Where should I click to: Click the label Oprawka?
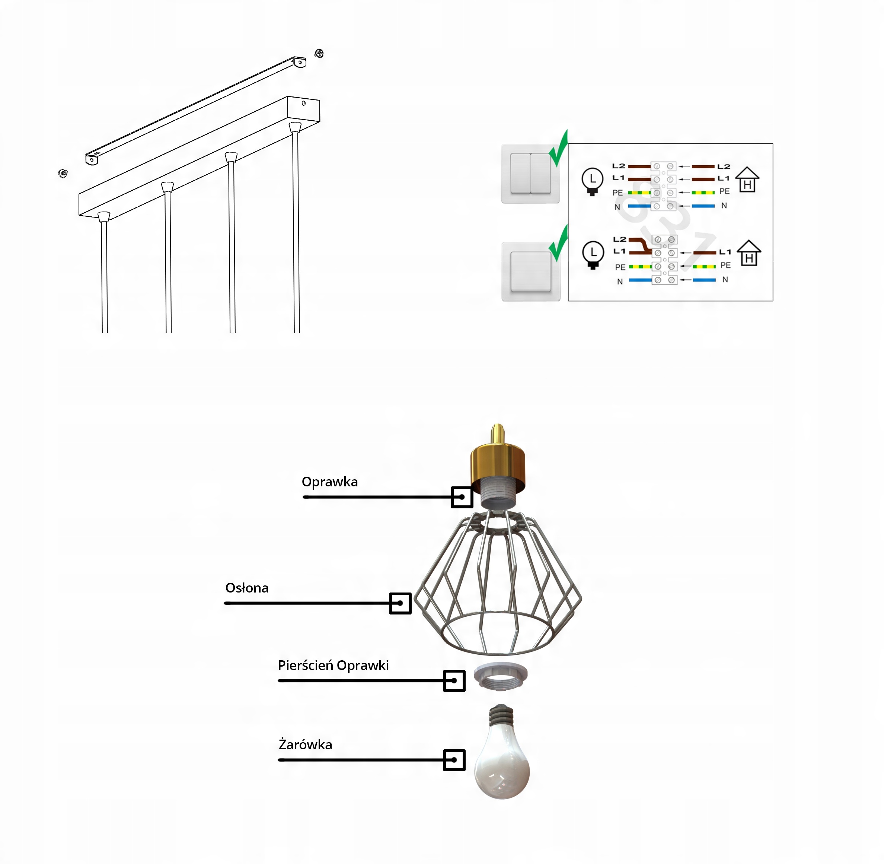click(x=329, y=482)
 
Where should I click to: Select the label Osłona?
click(x=247, y=588)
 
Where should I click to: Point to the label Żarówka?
click(x=305, y=745)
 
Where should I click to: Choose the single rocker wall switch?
click(x=531, y=271)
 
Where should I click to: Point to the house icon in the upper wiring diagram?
click(x=747, y=180)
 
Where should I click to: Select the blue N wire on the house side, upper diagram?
click(x=703, y=206)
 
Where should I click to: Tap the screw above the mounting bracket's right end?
click(x=319, y=54)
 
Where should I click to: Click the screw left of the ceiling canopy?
click(x=63, y=173)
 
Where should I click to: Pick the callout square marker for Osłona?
click(x=400, y=603)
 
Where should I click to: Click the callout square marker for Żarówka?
click(x=454, y=760)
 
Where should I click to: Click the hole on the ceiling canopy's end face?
click(x=303, y=104)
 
